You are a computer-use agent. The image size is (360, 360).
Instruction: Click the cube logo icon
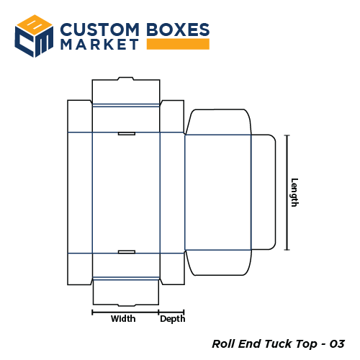coord(35,35)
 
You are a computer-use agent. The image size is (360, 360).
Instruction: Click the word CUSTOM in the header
coord(99,30)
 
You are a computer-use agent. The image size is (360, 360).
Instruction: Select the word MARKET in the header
coord(100,45)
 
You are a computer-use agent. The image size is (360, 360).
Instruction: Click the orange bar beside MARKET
coord(178,45)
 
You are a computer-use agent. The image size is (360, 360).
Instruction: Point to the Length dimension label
coord(294,192)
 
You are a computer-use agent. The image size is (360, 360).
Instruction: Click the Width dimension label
coord(123,319)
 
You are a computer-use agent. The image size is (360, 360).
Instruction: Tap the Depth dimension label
coord(172,319)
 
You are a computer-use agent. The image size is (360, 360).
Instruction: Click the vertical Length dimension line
coord(287,192)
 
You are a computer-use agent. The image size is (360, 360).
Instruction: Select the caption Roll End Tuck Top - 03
coord(278,343)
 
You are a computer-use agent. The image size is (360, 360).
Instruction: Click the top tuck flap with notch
coord(126,91)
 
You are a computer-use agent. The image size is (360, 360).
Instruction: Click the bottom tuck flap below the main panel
coord(126,292)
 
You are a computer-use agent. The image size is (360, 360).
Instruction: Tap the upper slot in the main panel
coord(126,133)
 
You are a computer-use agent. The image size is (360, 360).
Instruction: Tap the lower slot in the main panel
coord(126,251)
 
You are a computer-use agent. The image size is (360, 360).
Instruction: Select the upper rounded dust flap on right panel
coord(217,122)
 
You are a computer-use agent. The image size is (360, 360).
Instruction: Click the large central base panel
coord(126,192)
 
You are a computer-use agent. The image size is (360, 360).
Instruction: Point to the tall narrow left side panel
coord(79,192)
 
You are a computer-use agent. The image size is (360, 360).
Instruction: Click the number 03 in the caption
coord(337,343)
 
